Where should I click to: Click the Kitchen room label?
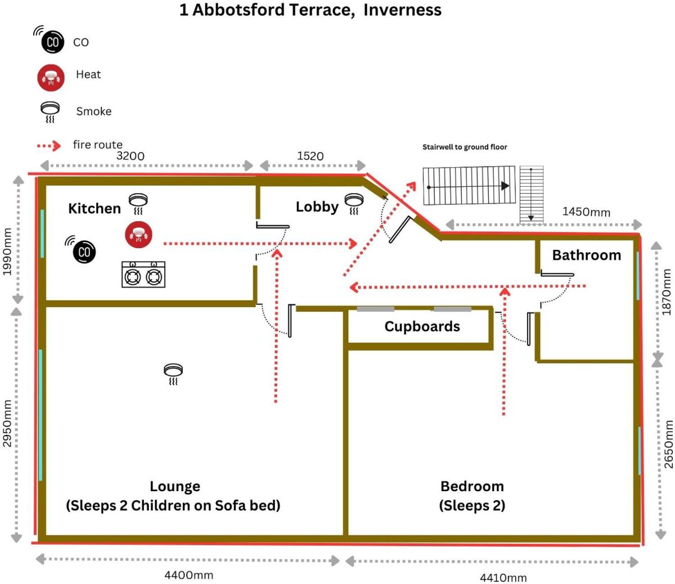tap(94, 208)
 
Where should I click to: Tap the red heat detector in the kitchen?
tap(138, 234)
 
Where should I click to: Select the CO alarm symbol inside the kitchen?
tap(82, 250)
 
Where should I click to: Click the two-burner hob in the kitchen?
tap(143, 275)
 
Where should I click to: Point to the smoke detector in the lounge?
tap(173, 374)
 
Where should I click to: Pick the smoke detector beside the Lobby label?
tap(354, 204)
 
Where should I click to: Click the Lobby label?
tap(317, 207)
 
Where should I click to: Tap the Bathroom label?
tap(587, 255)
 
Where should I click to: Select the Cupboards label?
tap(422, 327)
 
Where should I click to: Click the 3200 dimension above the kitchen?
tap(130, 156)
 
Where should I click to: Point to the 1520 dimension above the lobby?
tap(310, 156)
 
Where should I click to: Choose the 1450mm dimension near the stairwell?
tap(586, 212)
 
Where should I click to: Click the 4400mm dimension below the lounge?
tap(189, 575)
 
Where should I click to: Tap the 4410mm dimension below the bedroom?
tap(503, 578)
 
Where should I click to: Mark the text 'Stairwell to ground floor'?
tap(465, 147)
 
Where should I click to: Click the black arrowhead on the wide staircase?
tap(505, 186)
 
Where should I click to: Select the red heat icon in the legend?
tap(51, 78)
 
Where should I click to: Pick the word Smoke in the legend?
tap(94, 111)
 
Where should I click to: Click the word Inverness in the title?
tap(402, 10)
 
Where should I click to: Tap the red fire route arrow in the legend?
tap(49, 146)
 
